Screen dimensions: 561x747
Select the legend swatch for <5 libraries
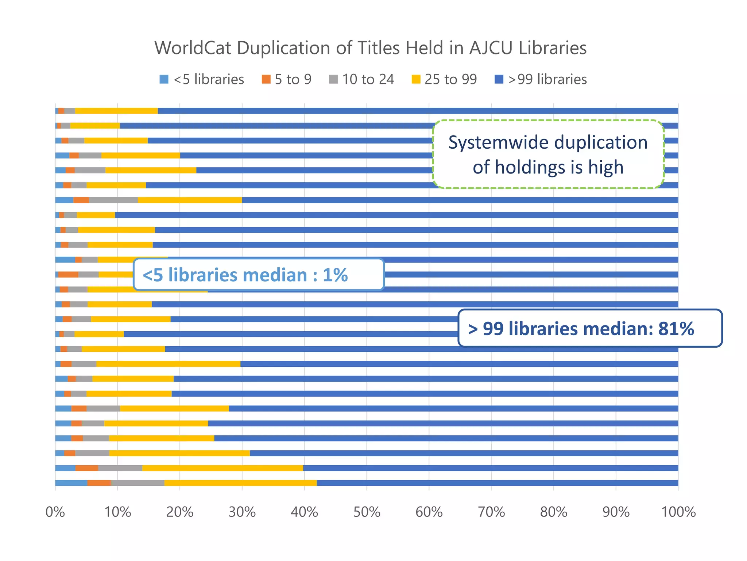coord(164,79)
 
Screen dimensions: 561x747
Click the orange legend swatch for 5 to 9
coord(266,79)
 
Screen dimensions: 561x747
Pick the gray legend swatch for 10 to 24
coord(333,79)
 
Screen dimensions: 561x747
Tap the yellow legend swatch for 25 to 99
coord(416,79)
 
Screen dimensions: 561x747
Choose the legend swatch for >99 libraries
coord(499,79)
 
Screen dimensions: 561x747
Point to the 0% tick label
coord(55,512)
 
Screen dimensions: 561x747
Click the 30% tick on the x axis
coord(242,512)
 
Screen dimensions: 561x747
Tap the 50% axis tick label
coord(367,512)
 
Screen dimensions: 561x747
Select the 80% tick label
coord(554,512)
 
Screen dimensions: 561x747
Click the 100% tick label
coord(678,512)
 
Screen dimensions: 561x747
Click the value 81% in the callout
coord(676,328)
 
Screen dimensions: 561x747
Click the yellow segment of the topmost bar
coord(116,111)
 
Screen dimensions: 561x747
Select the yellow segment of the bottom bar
coord(240,483)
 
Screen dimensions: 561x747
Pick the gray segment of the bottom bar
coord(138,483)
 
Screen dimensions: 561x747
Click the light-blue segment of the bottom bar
coord(71,483)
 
